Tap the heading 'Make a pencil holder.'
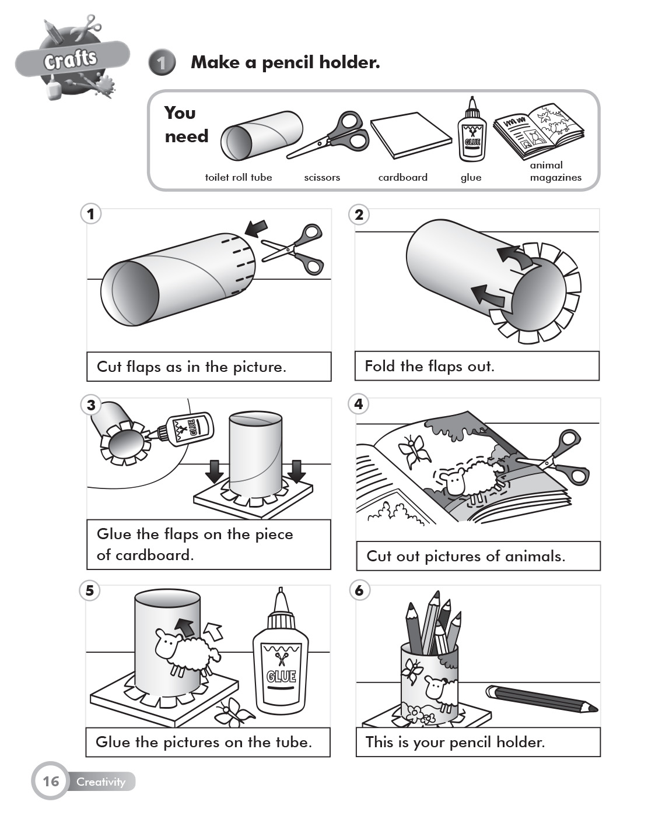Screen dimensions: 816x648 (285, 62)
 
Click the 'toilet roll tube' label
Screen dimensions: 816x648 (238, 177)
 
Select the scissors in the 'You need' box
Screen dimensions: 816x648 (330, 136)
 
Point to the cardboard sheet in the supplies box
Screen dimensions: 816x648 (411, 135)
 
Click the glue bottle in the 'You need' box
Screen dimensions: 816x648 (471, 131)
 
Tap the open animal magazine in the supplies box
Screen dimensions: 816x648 (538, 131)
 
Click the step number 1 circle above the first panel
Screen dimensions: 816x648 (90, 214)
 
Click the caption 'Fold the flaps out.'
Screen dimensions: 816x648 (429, 366)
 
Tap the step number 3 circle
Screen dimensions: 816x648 (90, 405)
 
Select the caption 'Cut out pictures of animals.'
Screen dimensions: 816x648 (465, 556)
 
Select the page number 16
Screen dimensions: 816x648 (51, 781)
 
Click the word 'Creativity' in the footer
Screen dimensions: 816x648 (101, 782)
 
